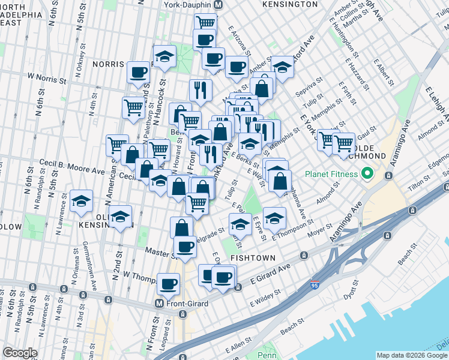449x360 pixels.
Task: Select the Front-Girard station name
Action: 188,304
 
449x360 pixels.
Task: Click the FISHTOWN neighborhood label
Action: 252,258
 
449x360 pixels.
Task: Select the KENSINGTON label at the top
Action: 290,4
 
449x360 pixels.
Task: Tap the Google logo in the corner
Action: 20,353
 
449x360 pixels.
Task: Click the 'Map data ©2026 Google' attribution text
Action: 412,355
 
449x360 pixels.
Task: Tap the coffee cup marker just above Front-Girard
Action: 168,282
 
